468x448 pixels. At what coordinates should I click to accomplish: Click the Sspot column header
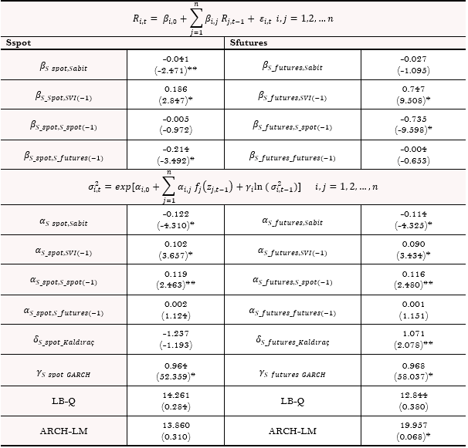pos(20,43)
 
